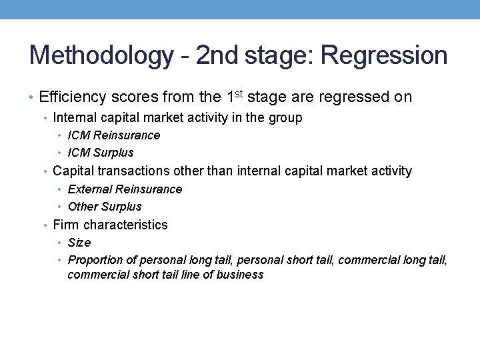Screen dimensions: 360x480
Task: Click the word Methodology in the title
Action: tap(101, 55)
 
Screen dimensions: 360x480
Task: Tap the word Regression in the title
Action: tap(384, 55)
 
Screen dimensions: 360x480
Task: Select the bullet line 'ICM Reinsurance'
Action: tap(114, 135)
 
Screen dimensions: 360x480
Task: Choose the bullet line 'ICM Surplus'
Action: tap(105, 153)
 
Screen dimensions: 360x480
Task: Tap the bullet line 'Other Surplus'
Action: tap(105, 207)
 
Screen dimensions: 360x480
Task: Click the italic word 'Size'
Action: tap(79, 243)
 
